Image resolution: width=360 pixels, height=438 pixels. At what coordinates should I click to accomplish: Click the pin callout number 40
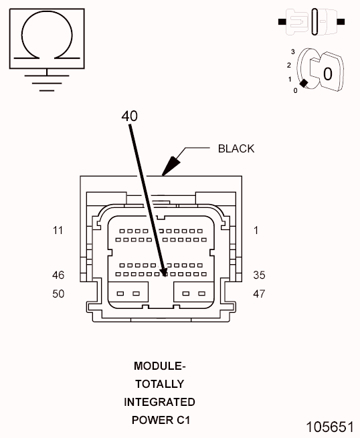pos(129,116)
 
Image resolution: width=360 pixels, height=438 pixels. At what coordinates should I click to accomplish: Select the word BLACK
pos(236,148)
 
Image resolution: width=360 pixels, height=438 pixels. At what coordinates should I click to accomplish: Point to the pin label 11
pos(58,231)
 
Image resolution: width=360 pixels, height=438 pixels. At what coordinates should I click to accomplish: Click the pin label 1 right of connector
pos(256,231)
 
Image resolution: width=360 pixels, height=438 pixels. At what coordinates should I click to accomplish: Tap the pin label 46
pos(58,275)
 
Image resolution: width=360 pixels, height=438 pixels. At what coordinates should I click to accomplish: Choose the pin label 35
pos(259,275)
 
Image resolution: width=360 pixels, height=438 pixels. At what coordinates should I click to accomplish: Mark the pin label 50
pos(58,294)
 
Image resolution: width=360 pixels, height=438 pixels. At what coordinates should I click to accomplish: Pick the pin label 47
pos(259,294)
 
